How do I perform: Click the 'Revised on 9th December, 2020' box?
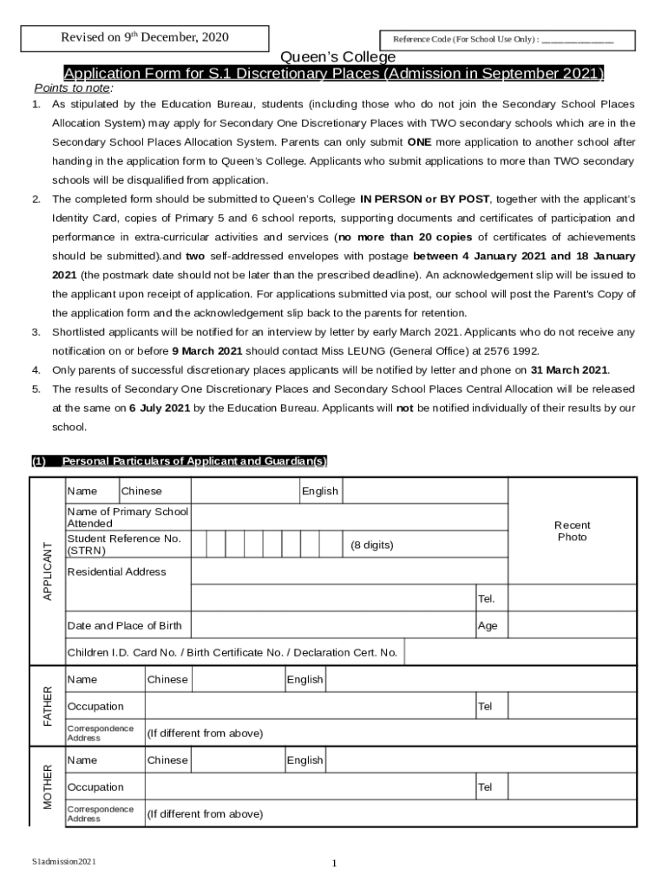click(144, 37)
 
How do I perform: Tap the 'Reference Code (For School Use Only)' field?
click(508, 41)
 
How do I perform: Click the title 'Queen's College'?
click(334, 57)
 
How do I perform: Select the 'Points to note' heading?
click(74, 88)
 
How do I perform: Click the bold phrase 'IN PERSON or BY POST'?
click(424, 199)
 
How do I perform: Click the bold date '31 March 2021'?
click(569, 369)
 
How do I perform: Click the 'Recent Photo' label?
click(572, 532)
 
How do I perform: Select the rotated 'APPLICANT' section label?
click(48, 571)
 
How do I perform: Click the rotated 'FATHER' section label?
click(48, 706)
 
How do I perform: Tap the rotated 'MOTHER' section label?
click(48, 787)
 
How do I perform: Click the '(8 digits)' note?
click(371, 545)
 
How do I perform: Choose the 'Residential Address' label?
click(116, 572)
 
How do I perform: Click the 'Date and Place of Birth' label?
click(124, 625)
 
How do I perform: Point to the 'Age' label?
click(488, 625)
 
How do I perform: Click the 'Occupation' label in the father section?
click(95, 707)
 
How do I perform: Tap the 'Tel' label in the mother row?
click(485, 787)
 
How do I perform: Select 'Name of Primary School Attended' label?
click(128, 518)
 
